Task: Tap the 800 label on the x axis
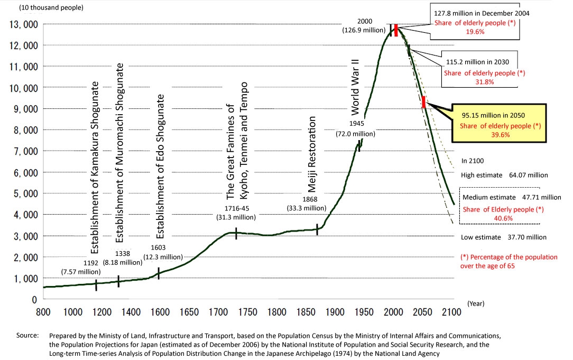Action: pos(43,311)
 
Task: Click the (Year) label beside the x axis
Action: pos(476,303)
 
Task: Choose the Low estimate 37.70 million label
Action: pos(503,237)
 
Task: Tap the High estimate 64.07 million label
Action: pos(504,175)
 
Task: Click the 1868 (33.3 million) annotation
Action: pos(309,204)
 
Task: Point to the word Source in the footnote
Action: pos(28,336)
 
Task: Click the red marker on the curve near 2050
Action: pos(423,102)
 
